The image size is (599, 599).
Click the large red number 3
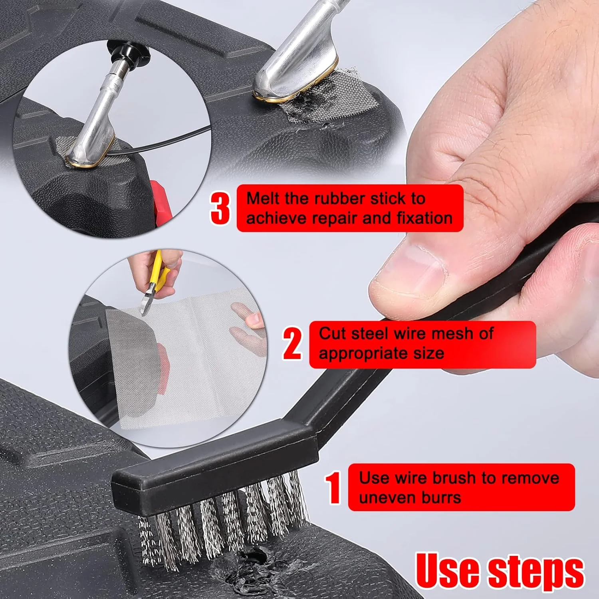pos(220,208)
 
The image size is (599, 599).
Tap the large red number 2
pos(293,343)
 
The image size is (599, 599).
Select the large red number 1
pos(333,488)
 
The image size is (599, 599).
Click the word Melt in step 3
pos(264,198)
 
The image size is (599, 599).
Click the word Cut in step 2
pos(333,333)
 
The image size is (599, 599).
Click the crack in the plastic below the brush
pos(256,559)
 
